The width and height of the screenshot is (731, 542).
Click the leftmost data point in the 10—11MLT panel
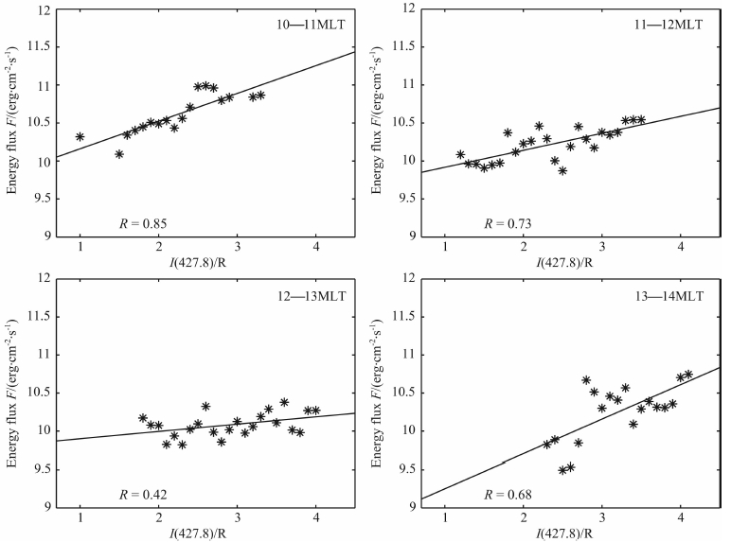80,137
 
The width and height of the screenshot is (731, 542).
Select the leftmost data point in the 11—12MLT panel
461,154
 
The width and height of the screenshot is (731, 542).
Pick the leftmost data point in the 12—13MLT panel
143,418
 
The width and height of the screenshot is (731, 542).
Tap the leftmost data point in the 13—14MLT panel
547,444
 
